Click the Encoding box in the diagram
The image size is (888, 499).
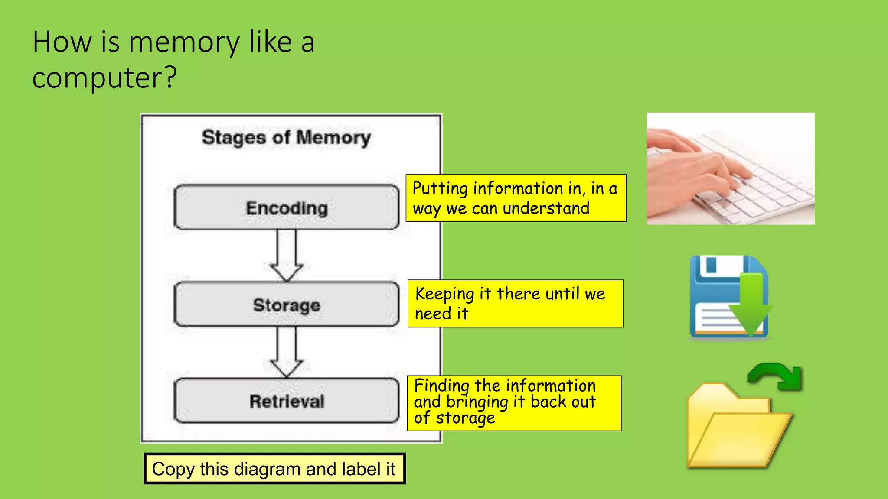tap(286, 207)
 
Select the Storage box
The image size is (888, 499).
tap(286, 305)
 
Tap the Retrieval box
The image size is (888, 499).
tap(286, 401)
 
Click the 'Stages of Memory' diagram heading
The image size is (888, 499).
tap(286, 137)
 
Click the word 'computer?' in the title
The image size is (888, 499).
tap(104, 78)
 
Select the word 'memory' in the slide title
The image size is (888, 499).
tap(184, 42)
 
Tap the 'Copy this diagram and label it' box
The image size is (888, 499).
tap(274, 469)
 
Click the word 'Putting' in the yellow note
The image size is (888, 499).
tap(440, 189)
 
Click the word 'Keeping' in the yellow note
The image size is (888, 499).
tap(444, 294)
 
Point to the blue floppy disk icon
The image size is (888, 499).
tap(711, 299)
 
